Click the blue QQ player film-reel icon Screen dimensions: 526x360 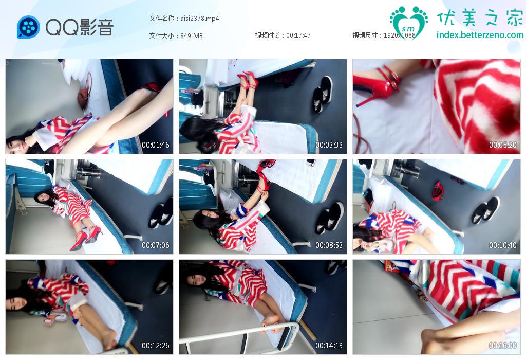[29, 27]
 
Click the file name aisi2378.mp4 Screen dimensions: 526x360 [200, 19]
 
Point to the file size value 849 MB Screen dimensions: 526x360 [192, 35]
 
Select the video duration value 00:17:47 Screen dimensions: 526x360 [298, 35]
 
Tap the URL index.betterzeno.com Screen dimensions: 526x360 [480, 34]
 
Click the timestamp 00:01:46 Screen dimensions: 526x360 [155, 145]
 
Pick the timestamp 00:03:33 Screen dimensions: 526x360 [329, 145]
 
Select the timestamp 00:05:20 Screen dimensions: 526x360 [502, 145]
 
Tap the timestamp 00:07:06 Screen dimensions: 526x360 [155, 245]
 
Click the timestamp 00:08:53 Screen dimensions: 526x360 [329, 245]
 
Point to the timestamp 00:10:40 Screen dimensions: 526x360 [502, 245]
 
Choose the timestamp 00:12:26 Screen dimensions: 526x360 [155, 345]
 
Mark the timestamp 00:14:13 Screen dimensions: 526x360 [329, 345]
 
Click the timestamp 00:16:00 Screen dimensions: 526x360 [502, 345]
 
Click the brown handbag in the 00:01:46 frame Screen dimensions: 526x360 [84, 96]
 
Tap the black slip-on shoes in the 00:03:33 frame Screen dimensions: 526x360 [323, 94]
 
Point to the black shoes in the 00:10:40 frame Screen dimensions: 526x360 [485, 210]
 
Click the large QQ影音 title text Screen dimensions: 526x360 [80, 27]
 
